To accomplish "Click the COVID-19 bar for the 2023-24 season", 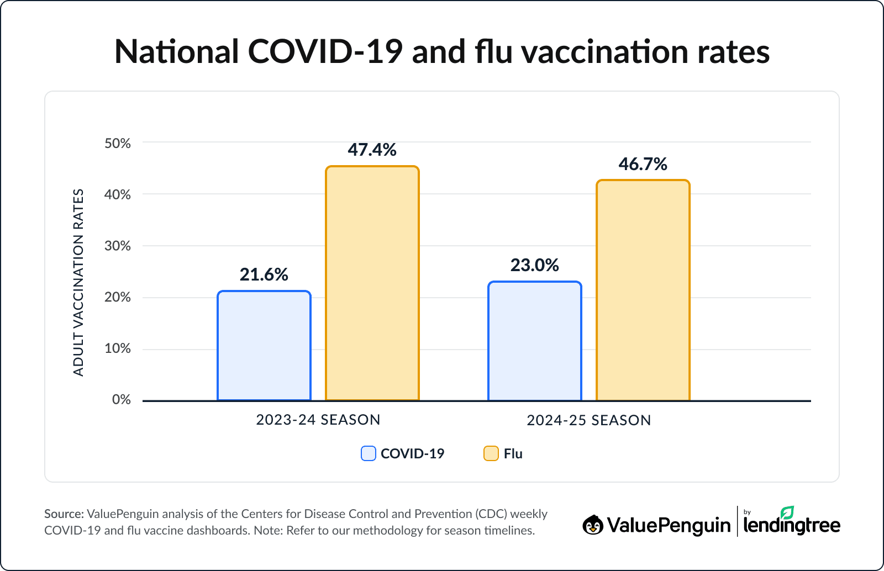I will pos(264,346).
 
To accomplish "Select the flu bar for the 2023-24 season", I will pos(372,283).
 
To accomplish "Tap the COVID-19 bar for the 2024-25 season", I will pos(535,341).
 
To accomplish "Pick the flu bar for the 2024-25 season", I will pos(643,290).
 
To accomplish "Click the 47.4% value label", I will pos(372,150).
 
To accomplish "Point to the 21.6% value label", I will pos(264,274).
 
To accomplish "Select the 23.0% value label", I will pos(534,265).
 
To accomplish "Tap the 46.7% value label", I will pos(643,164).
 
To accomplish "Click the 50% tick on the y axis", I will pos(118,144).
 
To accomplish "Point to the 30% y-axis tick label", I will pos(118,246).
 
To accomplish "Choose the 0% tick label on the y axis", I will pos(121,399).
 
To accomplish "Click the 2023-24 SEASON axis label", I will pos(318,420).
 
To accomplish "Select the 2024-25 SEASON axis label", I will pos(589,420).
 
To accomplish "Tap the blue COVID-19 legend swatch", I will pos(369,453).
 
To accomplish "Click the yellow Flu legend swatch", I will pos(491,453).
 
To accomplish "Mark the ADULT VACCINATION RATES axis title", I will pos(78,282).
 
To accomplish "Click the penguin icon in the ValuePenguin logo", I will pos(593,525).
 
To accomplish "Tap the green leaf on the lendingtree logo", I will pos(787,512).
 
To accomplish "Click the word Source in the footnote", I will pos(63,514).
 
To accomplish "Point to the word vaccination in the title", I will pos(606,52).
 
